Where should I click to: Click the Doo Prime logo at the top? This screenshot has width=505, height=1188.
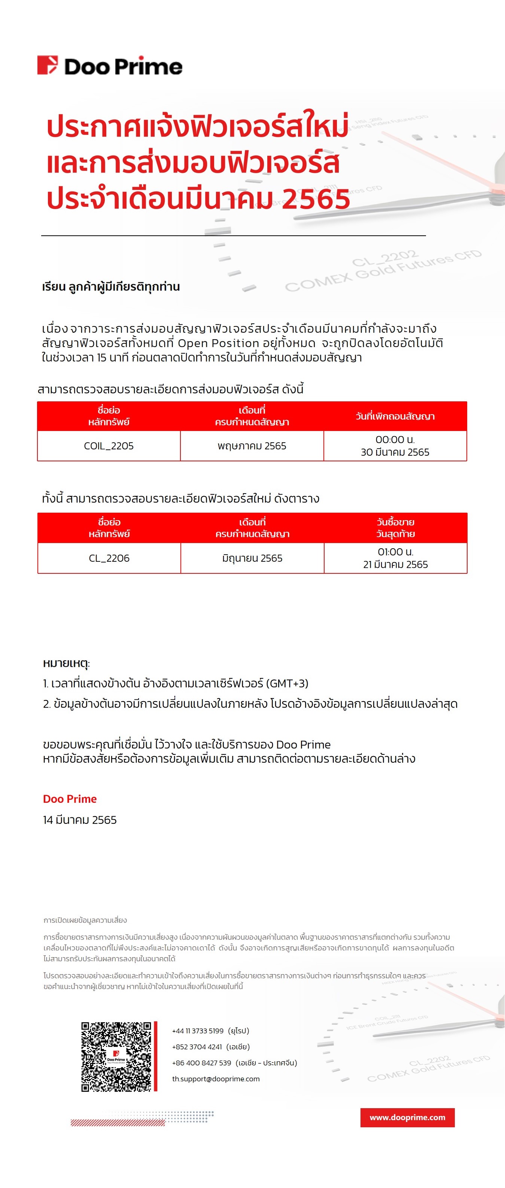click(x=110, y=66)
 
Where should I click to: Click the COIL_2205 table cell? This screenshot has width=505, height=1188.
click(x=109, y=446)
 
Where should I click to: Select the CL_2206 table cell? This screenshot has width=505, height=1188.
click(x=109, y=558)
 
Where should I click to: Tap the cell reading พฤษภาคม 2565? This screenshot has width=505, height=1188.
click(x=252, y=446)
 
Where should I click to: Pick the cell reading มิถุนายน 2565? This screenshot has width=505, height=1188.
click(x=252, y=558)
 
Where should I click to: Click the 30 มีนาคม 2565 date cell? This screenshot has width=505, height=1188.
click(x=395, y=446)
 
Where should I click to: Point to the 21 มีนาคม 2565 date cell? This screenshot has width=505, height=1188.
click(x=395, y=558)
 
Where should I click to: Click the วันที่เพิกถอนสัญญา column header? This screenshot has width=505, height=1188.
click(x=395, y=416)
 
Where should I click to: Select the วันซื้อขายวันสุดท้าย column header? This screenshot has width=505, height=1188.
click(x=395, y=528)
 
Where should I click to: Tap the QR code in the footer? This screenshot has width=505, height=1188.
click(x=116, y=1056)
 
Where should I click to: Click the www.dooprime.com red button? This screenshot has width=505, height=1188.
click(x=407, y=1118)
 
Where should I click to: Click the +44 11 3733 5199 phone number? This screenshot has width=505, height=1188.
click(x=198, y=1031)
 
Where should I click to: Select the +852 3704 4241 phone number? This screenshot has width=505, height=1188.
click(x=197, y=1047)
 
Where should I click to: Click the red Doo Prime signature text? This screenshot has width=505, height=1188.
click(x=70, y=799)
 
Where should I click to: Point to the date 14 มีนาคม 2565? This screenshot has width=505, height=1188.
click(x=80, y=820)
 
